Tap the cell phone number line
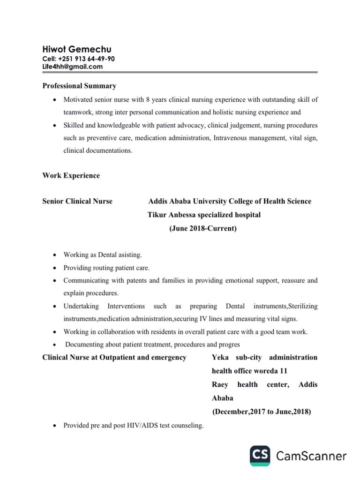coord(78,59)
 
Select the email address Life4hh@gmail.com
coord(72,67)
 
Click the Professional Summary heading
coord(79,86)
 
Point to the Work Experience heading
coord(71,175)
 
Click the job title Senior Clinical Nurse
coord(77,201)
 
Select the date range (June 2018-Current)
coord(203,229)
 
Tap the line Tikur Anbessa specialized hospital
coord(204,215)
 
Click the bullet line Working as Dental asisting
coord(103,255)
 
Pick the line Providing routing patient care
coord(106,268)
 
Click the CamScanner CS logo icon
coord(260,456)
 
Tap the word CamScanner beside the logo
coord(311,456)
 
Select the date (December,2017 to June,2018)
coord(262,412)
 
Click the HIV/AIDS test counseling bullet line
coord(134,426)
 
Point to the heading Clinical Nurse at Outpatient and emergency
coord(114,357)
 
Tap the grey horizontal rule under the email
coord(180,72)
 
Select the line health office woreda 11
coord(249,371)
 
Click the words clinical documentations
coord(98,150)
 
